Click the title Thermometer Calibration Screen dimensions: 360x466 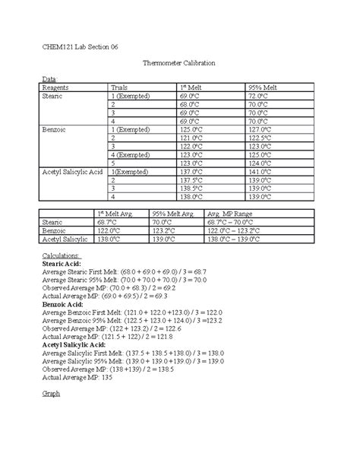[179, 68]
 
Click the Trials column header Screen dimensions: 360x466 [121, 88]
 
